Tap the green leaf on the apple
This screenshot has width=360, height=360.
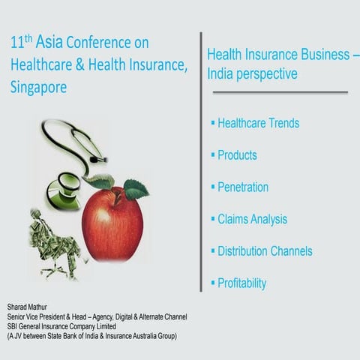[x=135, y=187]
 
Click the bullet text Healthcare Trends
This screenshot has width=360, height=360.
[x=258, y=123]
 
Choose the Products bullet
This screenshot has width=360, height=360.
[x=237, y=155]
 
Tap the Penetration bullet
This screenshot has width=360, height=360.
[x=242, y=187]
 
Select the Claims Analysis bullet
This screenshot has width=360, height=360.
[x=252, y=219]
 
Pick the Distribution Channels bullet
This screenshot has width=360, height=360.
[x=265, y=251]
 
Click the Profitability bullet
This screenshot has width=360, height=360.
[x=241, y=283]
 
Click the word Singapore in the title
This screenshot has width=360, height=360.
[x=39, y=87]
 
